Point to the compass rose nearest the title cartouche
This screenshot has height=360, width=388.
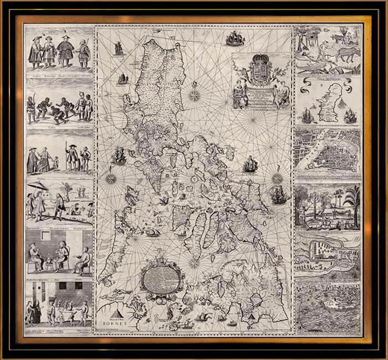click(x=195, y=94)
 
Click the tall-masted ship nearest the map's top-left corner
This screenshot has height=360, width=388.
click(x=118, y=48)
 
